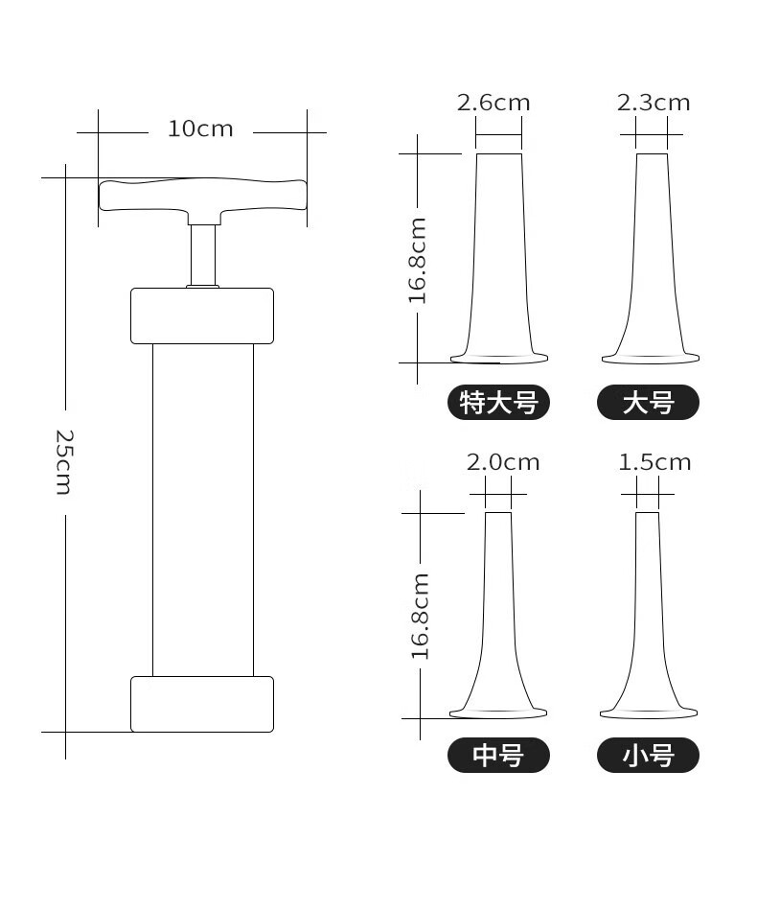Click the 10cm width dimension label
coord(200,129)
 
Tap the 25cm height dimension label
coord(63,462)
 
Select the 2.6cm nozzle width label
coord(493,103)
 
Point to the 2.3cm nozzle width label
coord(654,103)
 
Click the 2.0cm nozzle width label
coord(503,462)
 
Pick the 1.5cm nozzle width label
coord(654,462)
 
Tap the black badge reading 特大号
coord(498,402)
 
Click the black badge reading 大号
coord(649,402)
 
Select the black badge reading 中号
coord(498,756)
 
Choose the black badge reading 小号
coord(649,756)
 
